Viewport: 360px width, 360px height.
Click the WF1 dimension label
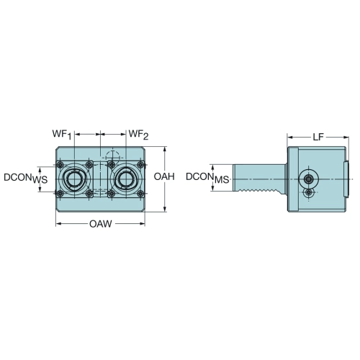[62, 135]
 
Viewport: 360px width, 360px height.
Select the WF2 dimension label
[138, 135]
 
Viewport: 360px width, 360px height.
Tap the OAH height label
[164, 176]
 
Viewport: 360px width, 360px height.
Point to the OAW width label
[101, 224]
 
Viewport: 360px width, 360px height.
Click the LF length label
[318, 138]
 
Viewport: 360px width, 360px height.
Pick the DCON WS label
[26, 178]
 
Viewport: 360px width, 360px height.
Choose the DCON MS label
[207, 178]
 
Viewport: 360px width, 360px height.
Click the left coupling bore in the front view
[75, 179]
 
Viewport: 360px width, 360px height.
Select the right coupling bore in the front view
[126, 179]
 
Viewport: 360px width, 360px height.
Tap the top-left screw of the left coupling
[60, 165]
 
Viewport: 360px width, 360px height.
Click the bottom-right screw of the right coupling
[141, 194]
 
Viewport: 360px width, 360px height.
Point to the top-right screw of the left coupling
[89, 165]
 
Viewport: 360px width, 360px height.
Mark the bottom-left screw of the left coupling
[60, 194]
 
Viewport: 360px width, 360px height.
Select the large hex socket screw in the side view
[308, 179]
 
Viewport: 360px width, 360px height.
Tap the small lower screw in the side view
[309, 192]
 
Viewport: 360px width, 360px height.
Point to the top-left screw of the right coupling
[111, 165]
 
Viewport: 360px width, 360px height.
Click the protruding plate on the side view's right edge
[346, 179]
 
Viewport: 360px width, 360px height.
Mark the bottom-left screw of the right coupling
[111, 194]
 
